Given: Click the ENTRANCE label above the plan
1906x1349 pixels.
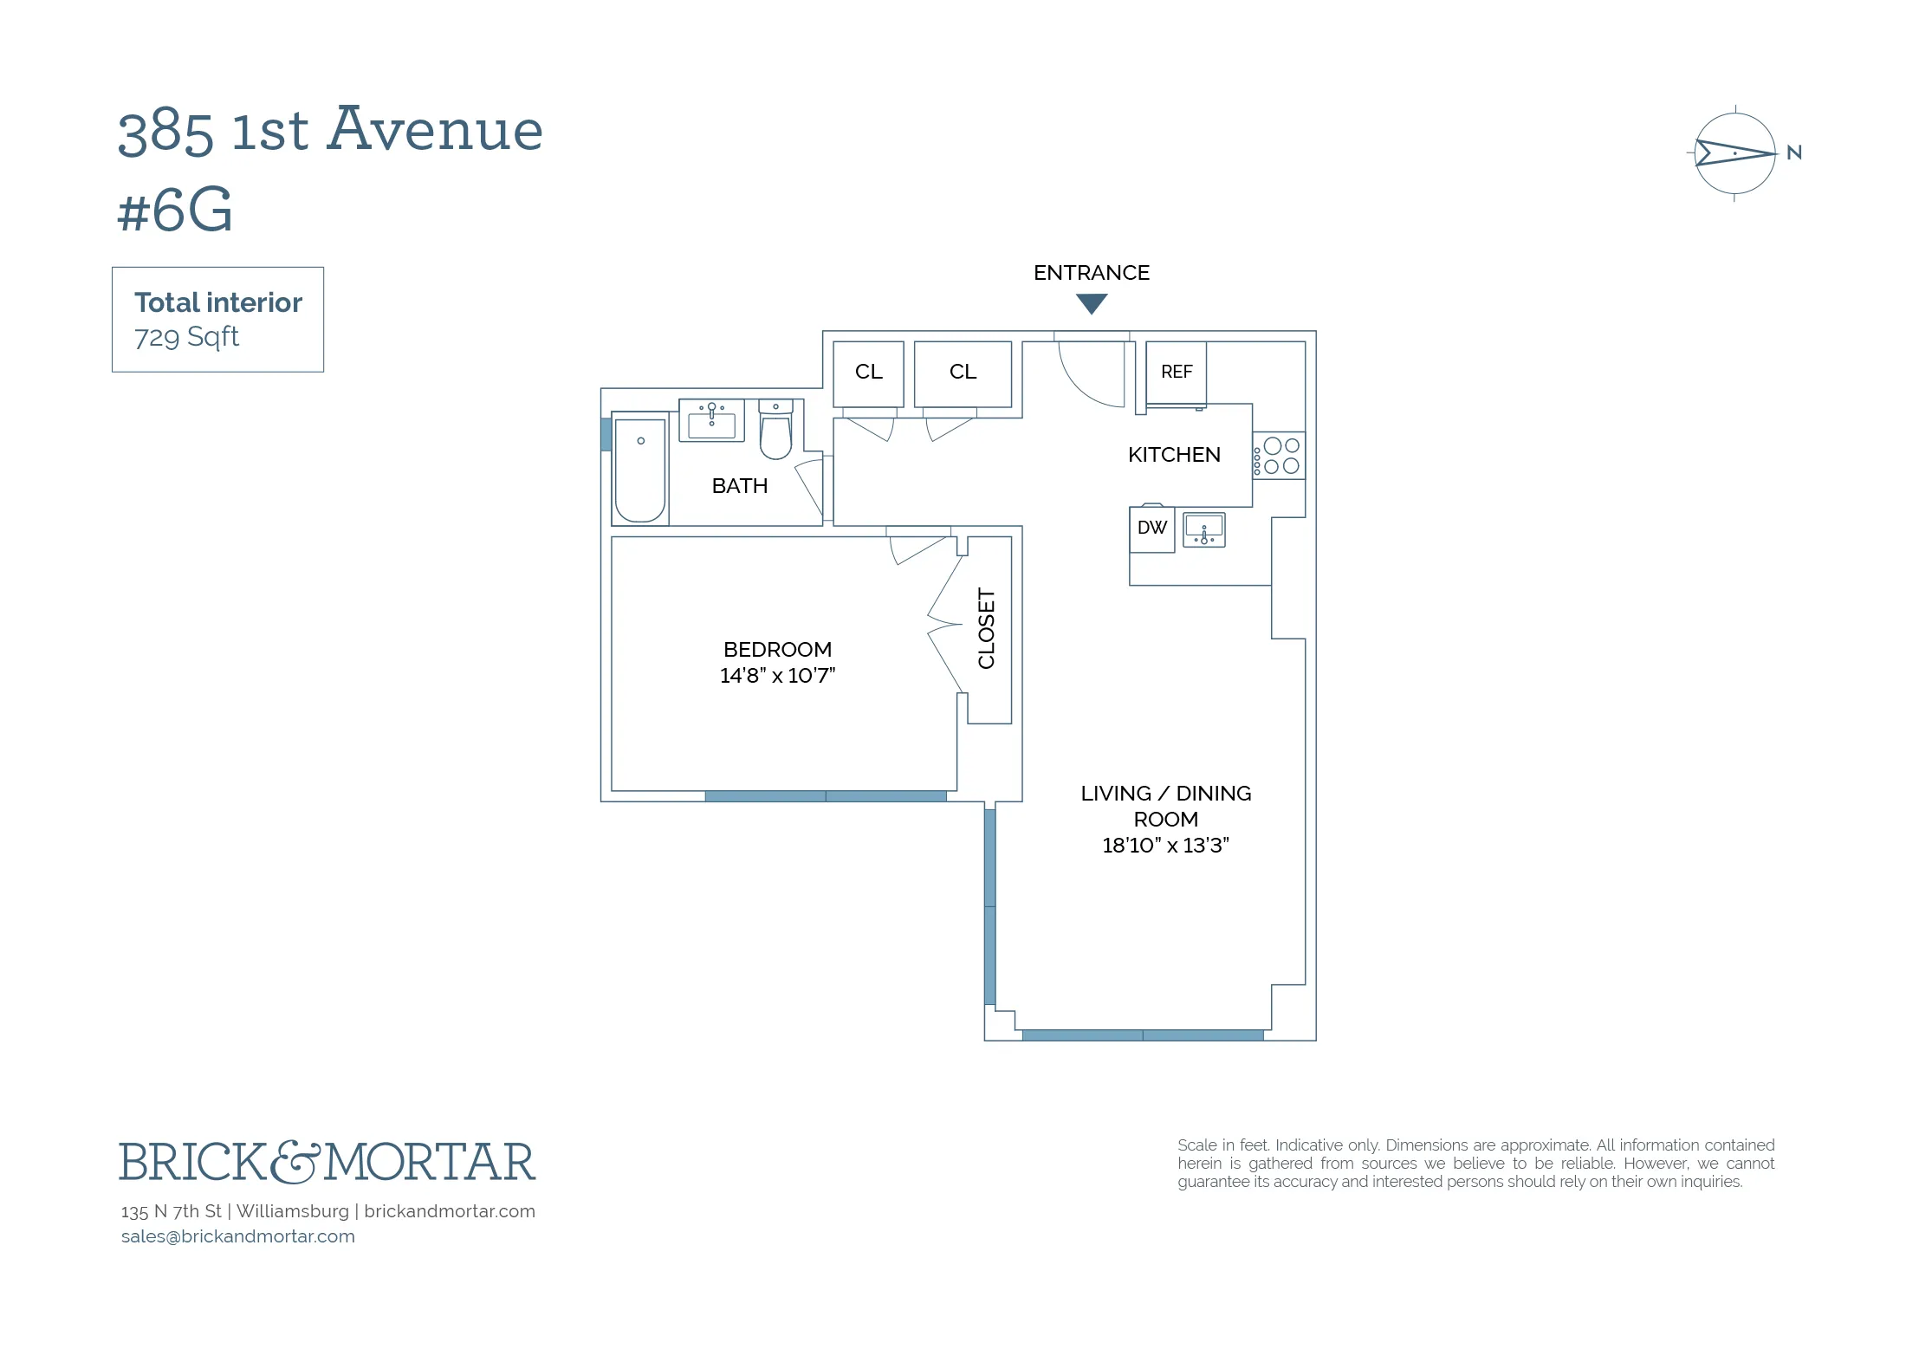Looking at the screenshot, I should click(1091, 273).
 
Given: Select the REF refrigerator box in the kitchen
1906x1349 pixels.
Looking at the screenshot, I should click(1176, 372).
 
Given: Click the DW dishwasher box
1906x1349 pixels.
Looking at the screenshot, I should click(1151, 528).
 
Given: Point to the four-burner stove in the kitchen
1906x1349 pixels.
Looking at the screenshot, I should click(1280, 456).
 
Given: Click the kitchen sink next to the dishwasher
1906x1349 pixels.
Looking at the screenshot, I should click(1204, 529).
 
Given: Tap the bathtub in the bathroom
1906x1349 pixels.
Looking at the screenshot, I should click(640, 470).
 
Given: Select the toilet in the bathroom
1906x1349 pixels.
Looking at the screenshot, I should click(775, 431).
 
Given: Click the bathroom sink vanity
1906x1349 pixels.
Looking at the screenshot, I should click(711, 421).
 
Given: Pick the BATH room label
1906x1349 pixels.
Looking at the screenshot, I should click(739, 486).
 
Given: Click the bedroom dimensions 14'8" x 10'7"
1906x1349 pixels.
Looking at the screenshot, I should click(777, 676).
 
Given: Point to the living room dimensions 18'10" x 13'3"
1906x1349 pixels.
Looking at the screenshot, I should click(1165, 846).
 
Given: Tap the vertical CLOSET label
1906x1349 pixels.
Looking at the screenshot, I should click(987, 628).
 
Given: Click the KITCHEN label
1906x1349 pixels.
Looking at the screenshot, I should click(1174, 455).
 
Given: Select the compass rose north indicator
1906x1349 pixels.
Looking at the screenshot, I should click(1735, 153).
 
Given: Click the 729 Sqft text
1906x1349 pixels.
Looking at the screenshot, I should click(186, 336).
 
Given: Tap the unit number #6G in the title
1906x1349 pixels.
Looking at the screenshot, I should click(175, 211).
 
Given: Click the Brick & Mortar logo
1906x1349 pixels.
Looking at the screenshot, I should click(327, 1162).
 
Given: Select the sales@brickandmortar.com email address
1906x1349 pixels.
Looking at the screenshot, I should click(238, 1236).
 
